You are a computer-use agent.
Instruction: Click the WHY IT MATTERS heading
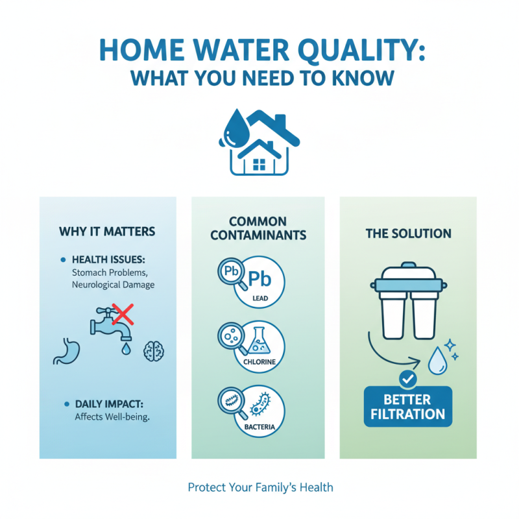click(x=107, y=231)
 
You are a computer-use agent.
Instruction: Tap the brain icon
click(x=154, y=350)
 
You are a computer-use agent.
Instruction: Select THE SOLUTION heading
click(x=408, y=233)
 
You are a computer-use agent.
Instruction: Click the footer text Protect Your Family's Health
click(x=260, y=487)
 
